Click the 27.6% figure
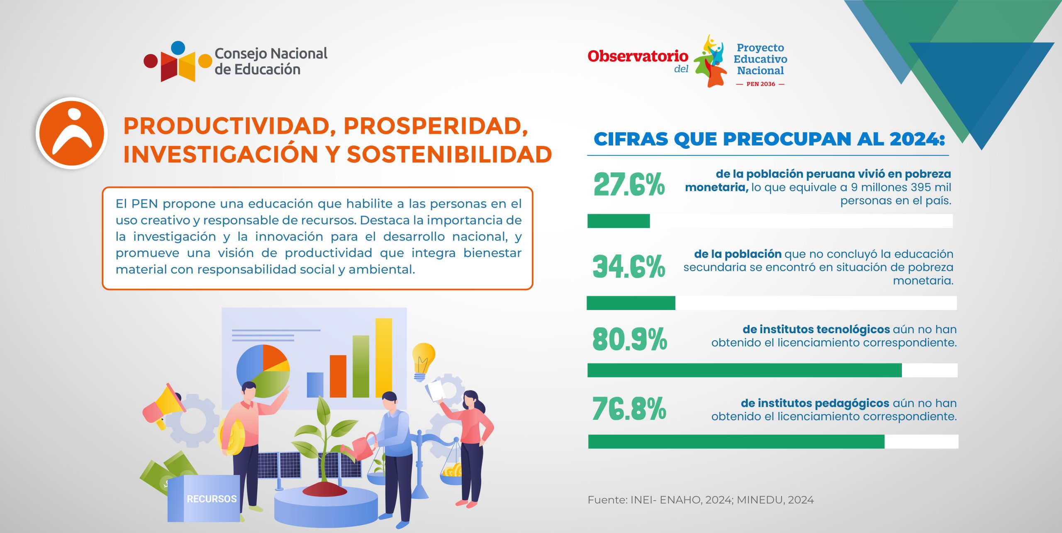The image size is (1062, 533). tap(629, 184)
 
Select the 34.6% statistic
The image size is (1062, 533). tap(629, 266)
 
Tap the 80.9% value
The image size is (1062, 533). tap(630, 339)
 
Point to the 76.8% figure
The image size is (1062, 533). tap(629, 409)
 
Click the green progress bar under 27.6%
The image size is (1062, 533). tap(619, 221)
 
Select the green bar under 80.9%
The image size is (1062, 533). tap(744, 370)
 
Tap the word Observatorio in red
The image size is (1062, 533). tap(638, 56)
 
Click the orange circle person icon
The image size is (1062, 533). tap(72, 133)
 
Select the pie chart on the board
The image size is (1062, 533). tap(263, 371)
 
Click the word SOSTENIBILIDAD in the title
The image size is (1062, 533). tap(449, 155)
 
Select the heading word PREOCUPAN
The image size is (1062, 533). tap(784, 139)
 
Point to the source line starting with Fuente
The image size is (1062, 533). tap(701, 500)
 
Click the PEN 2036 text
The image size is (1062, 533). tap(760, 84)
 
